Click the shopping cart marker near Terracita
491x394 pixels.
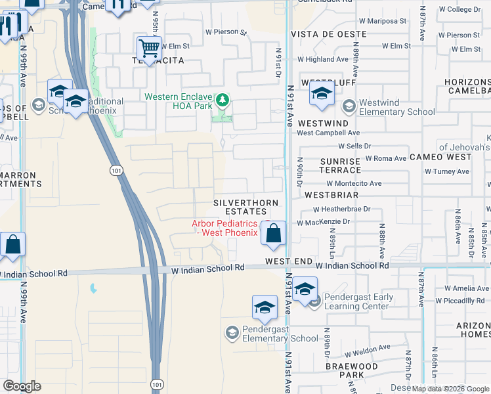point(150,48)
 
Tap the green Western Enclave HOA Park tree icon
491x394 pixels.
point(223,100)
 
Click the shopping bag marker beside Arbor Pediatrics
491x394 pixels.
point(273,232)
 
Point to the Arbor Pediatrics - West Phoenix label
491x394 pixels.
point(223,229)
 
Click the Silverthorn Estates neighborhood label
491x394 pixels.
point(245,208)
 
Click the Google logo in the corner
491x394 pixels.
point(22,386)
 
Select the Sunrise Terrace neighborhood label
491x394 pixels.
point(340,165)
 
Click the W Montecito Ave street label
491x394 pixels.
point(353,184)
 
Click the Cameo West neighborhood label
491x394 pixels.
point(440,157)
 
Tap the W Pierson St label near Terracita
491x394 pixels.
point(225,32)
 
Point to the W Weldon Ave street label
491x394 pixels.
point(367,347)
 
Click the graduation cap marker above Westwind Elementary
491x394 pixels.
point(322,95)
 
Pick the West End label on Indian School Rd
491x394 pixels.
point(289,261)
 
